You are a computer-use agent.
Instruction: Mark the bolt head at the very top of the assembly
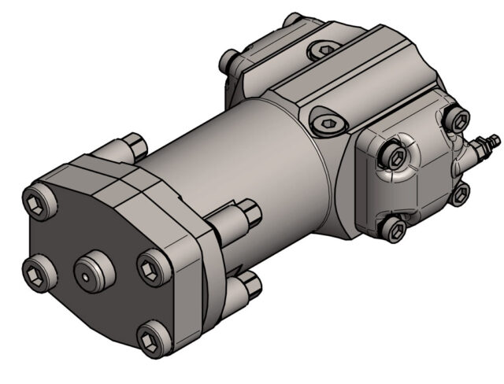point(294,18)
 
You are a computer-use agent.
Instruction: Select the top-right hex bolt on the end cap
point(457,119)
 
